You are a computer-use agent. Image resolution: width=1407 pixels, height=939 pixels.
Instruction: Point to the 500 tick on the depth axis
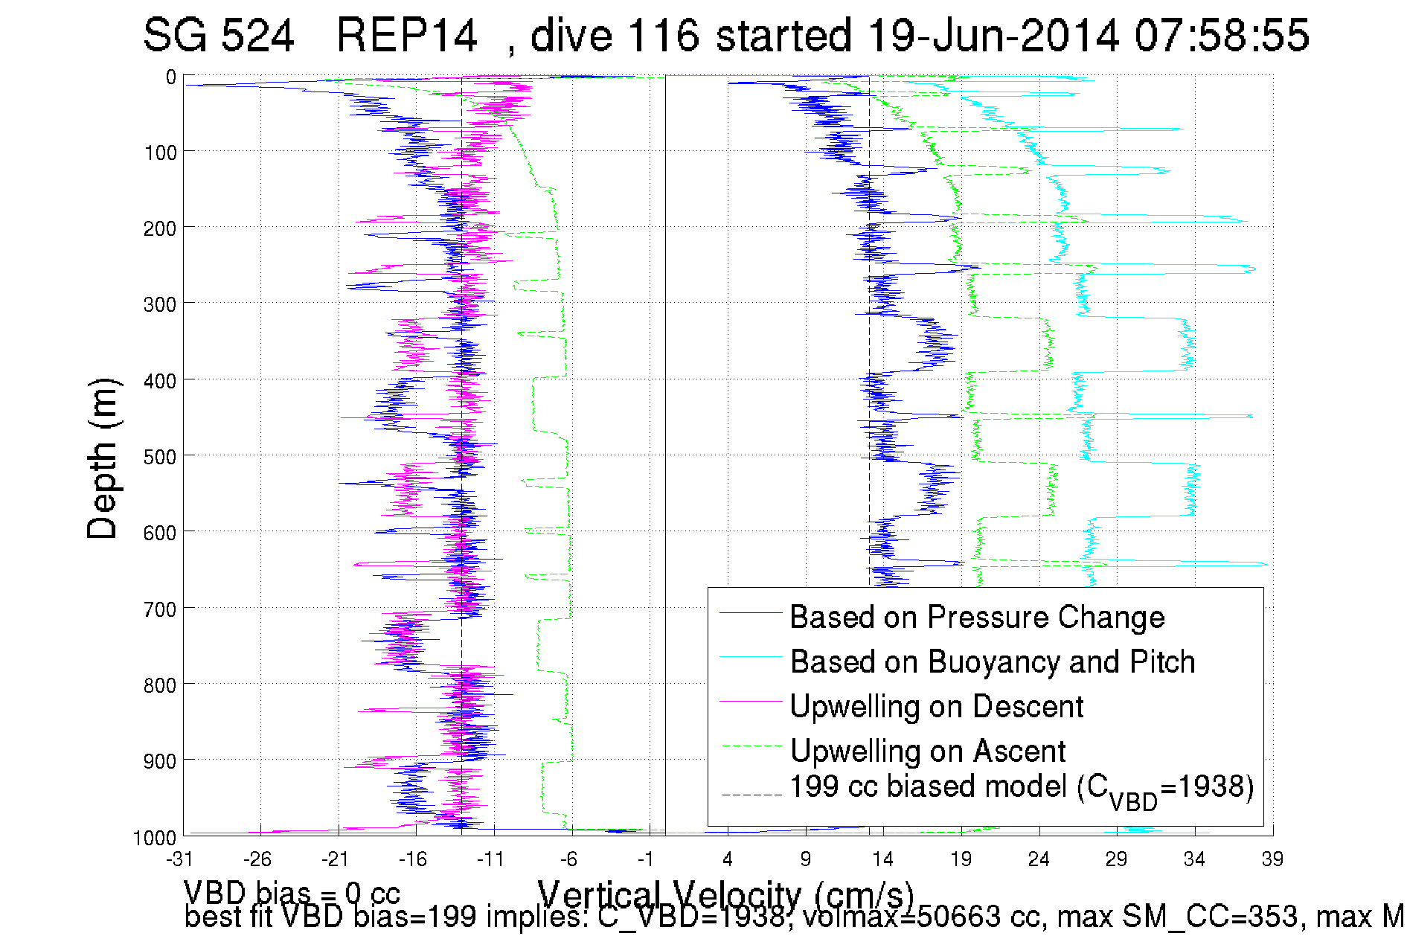tap(160, 456)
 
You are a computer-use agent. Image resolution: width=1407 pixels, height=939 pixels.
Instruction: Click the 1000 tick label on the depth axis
tap(155, 838)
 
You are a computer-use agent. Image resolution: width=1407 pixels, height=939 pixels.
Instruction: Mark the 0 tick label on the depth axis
tap(171, 77)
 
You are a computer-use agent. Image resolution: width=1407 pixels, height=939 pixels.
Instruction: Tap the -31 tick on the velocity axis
tap(179, 859)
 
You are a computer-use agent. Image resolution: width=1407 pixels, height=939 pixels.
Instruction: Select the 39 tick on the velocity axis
tap(1272, 859)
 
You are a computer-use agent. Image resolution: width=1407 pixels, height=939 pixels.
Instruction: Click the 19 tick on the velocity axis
tap(961, 859)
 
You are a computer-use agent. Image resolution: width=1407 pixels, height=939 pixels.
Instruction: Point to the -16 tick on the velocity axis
tap(413, 859)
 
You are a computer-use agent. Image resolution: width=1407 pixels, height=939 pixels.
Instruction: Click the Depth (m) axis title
tap(103, 458)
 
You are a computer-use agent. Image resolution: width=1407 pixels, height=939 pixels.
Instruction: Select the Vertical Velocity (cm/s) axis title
tap(725, 895)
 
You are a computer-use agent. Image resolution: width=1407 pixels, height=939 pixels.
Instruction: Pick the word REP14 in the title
tap(406, 35)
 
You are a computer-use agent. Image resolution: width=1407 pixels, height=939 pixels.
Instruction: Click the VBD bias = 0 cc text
tap(292, 892)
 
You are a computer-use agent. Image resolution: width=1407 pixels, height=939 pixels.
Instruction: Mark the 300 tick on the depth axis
tap(160, 304)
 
